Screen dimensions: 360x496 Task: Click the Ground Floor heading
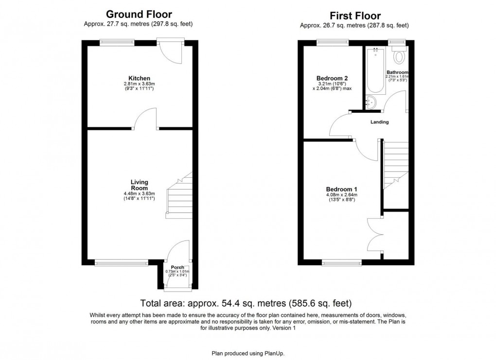click(x=139, y=15)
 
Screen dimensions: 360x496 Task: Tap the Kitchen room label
click(x=139, y=78)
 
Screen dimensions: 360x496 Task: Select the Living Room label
click(x=139, y=185)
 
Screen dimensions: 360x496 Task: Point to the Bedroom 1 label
click(x=338, y=189)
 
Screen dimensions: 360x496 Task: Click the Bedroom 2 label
click(x=332, y=78)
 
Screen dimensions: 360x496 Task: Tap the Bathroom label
click(x=397, y=72)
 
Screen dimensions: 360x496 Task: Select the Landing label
click(x=379, y=122)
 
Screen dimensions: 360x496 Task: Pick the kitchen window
click(x=117, y=42)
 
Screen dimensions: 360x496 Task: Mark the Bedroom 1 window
click(x=341, y=263)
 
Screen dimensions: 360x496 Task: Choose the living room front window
click(x=121, y=263)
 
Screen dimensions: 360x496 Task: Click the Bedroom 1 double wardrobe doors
click(x=374, y=233)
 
